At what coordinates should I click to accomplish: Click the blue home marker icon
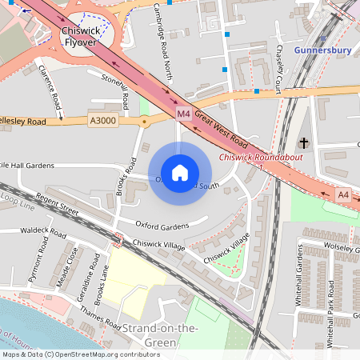click(x=180, y=173)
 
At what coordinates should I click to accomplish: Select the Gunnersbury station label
click(x=322, y=50)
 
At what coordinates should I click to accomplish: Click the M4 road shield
click(x=184, y=114)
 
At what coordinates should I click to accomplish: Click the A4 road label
click(x=343, y=194)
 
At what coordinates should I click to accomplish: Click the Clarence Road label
click(x=50, y=87)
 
